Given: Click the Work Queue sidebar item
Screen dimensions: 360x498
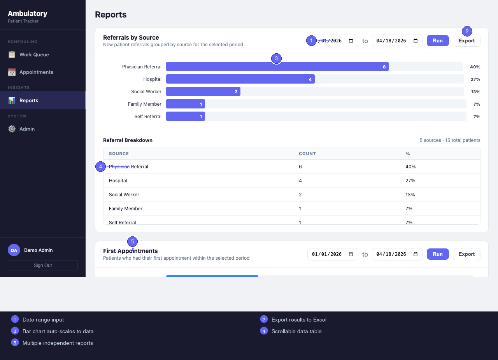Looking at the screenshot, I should coord(34,55).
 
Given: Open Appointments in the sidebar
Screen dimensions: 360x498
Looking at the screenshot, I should coord(36,72).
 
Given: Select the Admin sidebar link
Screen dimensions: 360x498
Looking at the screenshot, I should coord(27,129).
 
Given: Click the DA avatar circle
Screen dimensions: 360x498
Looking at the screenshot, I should coord(14,250).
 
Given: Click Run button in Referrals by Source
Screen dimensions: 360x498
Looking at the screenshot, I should coord(438,41).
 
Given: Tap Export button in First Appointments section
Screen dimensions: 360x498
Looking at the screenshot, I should coord(466,254).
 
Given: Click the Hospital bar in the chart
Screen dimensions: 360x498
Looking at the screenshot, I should coord(240,79).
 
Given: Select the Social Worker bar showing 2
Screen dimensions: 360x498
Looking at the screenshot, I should coord(203,92).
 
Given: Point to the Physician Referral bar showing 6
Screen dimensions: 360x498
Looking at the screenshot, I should coord(277,67).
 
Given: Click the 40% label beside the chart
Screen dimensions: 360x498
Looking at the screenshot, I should coord(475,67).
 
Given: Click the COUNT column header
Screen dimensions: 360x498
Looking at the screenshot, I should coord(307,154).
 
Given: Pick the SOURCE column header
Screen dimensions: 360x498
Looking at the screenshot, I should coord(119,154).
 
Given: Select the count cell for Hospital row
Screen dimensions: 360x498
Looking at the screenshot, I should coord(300,181).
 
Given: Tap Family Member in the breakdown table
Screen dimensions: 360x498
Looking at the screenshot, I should coord(126,209).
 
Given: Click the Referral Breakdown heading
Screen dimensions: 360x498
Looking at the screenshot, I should coord(128,140).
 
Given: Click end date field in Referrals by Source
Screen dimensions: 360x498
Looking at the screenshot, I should coord(397,41).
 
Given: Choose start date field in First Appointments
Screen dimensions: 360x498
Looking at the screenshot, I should coord(332,254).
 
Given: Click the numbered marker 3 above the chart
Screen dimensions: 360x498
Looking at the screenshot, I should coord(276,59).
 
